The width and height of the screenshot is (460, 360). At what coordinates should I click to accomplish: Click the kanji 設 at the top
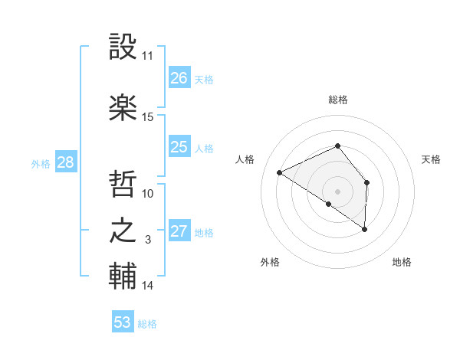point(123,47)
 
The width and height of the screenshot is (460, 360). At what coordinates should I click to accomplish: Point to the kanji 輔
point(123,276)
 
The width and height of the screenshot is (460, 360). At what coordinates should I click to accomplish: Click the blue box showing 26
point(179,77)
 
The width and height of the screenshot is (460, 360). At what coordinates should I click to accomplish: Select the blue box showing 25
point(179,147)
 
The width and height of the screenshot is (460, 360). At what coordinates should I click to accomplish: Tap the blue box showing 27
point(179,231)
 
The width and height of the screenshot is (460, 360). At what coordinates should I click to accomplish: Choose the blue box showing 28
point(65,162)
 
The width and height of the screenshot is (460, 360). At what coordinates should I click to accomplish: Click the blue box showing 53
point(123,322)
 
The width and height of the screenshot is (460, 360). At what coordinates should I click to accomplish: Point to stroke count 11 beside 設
point(148,56)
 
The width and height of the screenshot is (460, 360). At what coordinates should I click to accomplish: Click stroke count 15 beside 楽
point(148,117)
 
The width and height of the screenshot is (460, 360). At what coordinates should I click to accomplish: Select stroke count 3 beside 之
point(148,240)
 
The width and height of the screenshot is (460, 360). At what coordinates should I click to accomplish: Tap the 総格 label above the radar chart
point(337,100)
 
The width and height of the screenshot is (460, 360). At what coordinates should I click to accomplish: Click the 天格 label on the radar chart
point(431,159)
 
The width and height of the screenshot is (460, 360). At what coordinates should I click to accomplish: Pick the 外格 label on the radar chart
point(270,262)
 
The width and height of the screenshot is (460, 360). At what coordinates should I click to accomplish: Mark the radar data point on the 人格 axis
point(280,173)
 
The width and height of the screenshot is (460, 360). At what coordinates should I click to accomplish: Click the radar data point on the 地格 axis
point(365,229)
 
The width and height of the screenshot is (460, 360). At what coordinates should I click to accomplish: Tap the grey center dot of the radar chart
point(337,191)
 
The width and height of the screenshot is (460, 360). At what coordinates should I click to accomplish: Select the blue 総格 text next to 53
point(147,324)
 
